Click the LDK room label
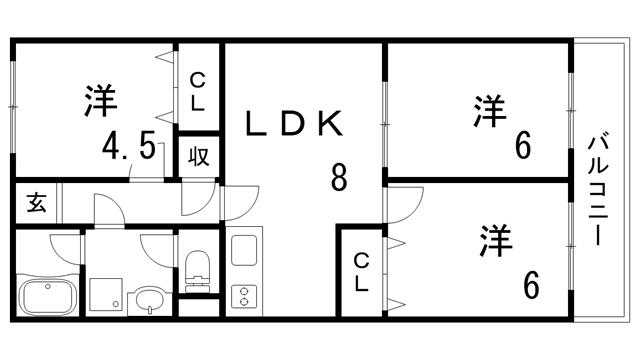(x=297, y=124)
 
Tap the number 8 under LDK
(x=339, y=179)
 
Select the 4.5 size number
(x=129, y=150)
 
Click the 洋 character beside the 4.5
(x=99, y=101)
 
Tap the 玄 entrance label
(x=36, y=204)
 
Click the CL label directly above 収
(x=198, y=91)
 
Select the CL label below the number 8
(x=361, y=272)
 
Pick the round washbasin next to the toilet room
(x=149, y=297)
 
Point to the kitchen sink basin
(x=245, y=251)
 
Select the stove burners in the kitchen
(x=244, y=294)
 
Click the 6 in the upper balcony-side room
(x=522, y=147)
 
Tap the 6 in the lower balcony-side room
(x=530, y=284)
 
